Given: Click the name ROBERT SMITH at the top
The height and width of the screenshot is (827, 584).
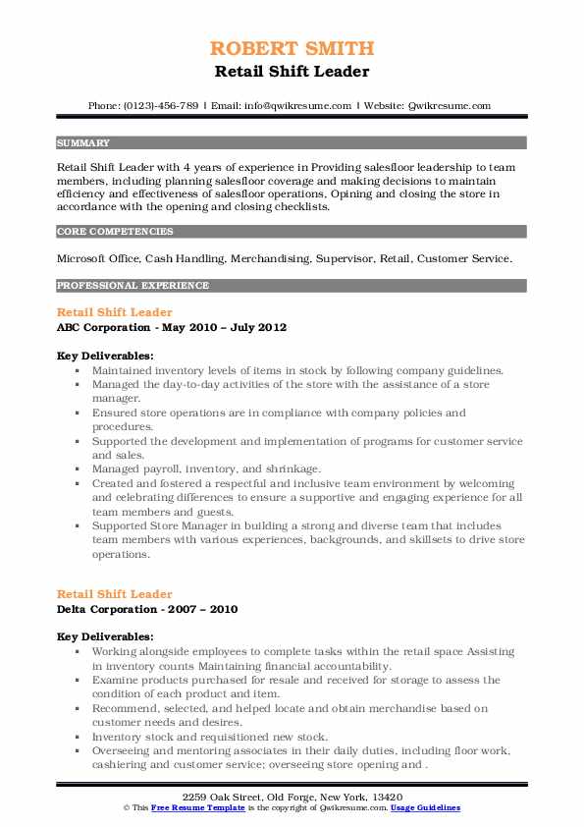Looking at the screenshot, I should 291,48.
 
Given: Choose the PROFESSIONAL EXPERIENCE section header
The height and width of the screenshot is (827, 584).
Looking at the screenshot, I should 133,286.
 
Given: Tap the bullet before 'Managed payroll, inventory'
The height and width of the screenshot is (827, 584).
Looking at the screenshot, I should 78,470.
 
